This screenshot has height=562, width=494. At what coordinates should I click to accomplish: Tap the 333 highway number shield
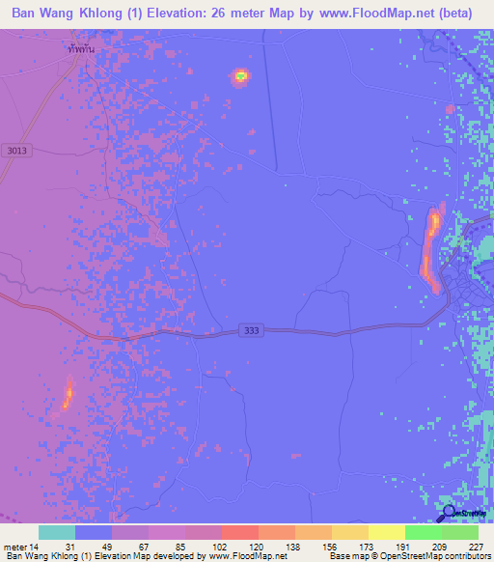(x=250, y=330)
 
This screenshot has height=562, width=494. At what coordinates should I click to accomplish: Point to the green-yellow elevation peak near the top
(x=240, y=75)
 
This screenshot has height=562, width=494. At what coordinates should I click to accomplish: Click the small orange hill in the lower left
(x=69, y=394)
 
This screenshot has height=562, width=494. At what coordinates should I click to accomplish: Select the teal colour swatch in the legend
(x=57, y=532)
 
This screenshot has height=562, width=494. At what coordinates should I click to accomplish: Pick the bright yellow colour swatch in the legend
(x=386, y=532)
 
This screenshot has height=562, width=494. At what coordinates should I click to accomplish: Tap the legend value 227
(x=477, y=546)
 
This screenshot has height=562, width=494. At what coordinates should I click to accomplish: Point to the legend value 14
(x=38, y=546)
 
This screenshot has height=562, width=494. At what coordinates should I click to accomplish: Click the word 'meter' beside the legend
(x=16, y=546)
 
